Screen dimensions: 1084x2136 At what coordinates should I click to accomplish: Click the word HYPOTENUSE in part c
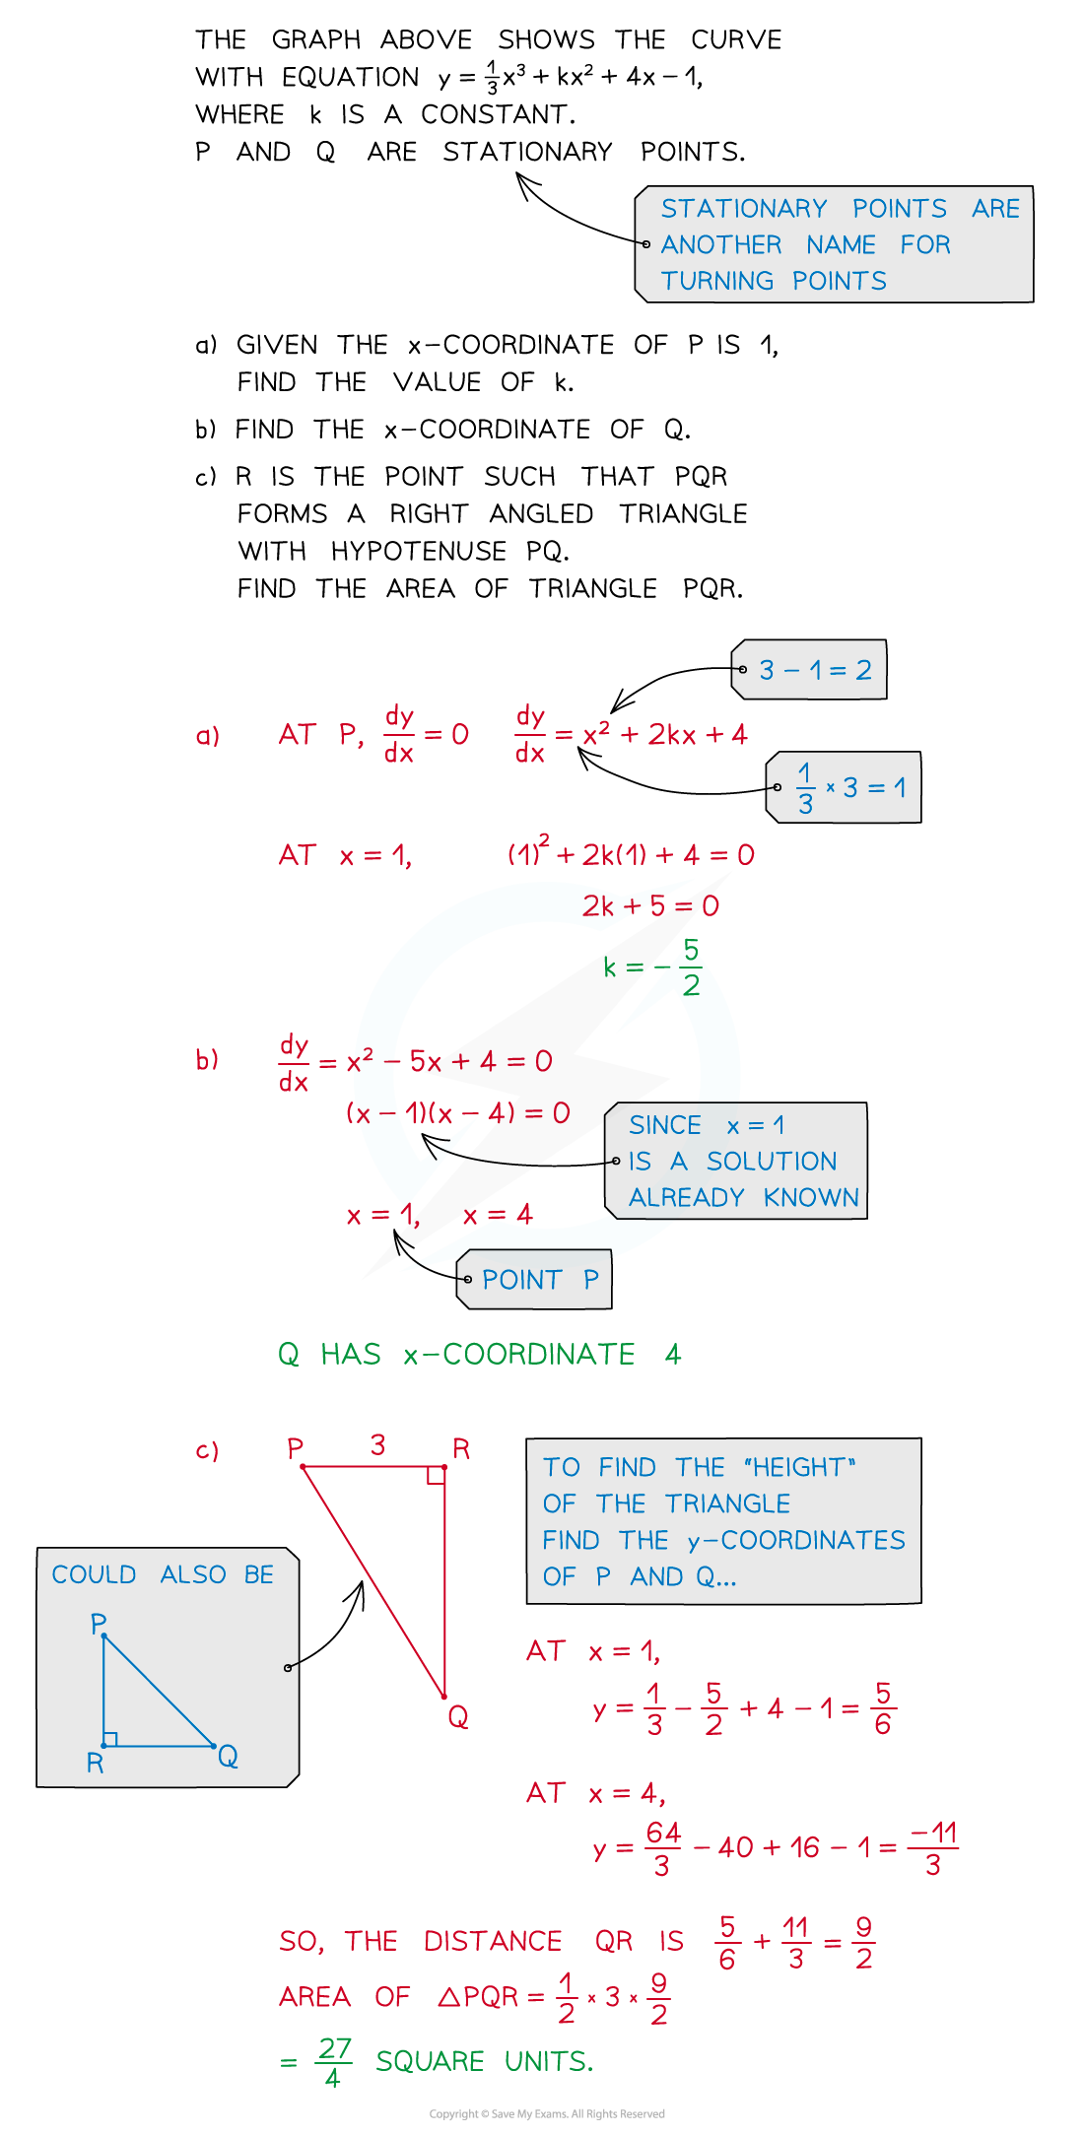(419, 551)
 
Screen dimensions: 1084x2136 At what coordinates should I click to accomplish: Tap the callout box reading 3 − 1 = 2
(809, 670)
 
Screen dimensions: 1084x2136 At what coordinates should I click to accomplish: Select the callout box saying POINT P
(534, 1279)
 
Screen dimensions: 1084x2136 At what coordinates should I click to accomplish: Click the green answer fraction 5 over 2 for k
(691, 967)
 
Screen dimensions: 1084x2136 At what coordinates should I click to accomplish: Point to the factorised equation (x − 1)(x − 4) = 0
(458, 1113)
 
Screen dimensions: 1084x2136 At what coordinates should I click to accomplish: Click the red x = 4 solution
(498, 1215)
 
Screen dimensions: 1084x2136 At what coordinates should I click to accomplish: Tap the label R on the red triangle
(461, 1448)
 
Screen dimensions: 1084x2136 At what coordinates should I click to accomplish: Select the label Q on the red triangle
(458, 1717)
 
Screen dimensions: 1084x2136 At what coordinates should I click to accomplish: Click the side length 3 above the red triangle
(377, 1444)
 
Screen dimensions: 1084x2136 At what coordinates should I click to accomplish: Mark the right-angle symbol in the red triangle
(436, 1475)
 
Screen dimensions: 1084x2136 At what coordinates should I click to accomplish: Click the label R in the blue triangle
(95, 1763)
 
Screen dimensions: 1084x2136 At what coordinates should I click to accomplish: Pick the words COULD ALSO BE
(163, 1574)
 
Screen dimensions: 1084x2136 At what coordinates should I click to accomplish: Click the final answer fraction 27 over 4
(334, 2062)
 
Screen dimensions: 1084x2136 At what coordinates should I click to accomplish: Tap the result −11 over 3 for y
(933, 1848)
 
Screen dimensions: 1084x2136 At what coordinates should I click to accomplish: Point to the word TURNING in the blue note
(717, 281)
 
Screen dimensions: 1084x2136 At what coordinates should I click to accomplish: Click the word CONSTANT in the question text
(498, 114)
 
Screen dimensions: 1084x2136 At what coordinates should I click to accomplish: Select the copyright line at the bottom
(547, 2113)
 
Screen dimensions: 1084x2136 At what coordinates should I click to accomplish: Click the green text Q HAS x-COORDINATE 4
(480, 1354)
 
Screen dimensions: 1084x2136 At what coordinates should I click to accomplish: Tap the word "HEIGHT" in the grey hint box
(800, 1467)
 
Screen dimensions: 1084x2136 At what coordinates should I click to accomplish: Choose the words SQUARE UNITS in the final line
(485, 2061)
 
